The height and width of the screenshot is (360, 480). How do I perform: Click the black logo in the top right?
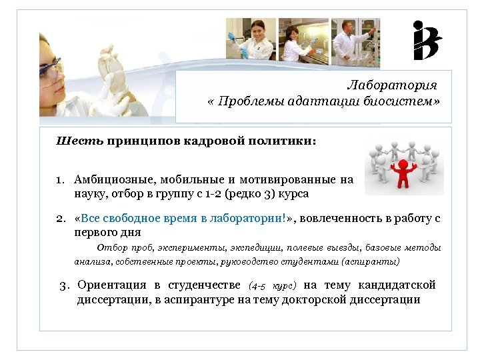pyautogui.click(x=427, y=40)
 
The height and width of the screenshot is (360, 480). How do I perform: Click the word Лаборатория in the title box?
pyautogui.click(x=392, y=86)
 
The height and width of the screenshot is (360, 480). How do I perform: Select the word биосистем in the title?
pyautogui.click(x=407, y=102)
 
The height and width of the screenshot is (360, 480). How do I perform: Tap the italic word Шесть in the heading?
pyautogui.click(x=79, y=141)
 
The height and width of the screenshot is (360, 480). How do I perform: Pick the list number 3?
pyautogui.click(x=63, y=285)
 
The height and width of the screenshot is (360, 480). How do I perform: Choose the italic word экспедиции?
pyautogui.click(x=257, y=248)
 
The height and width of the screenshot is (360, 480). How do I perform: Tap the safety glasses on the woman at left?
pyautogui.click(x=49, y=69)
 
